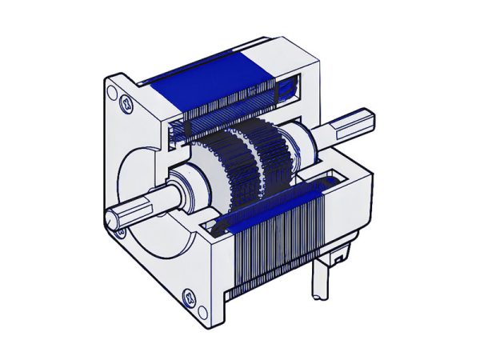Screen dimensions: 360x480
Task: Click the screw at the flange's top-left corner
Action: pos(125,102)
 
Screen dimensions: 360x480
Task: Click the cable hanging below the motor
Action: pos(320,284)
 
